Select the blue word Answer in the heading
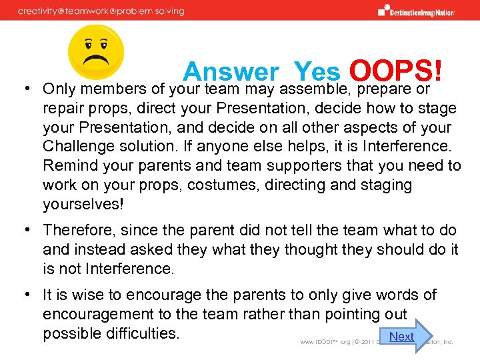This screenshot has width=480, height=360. (231, 72)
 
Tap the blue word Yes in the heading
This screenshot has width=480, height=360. (317, 72)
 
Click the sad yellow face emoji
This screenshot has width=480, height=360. (96, 53)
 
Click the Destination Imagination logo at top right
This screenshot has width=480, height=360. (417, 11)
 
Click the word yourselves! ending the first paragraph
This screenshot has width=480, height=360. (84, 204)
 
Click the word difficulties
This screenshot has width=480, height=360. (142, 333)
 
